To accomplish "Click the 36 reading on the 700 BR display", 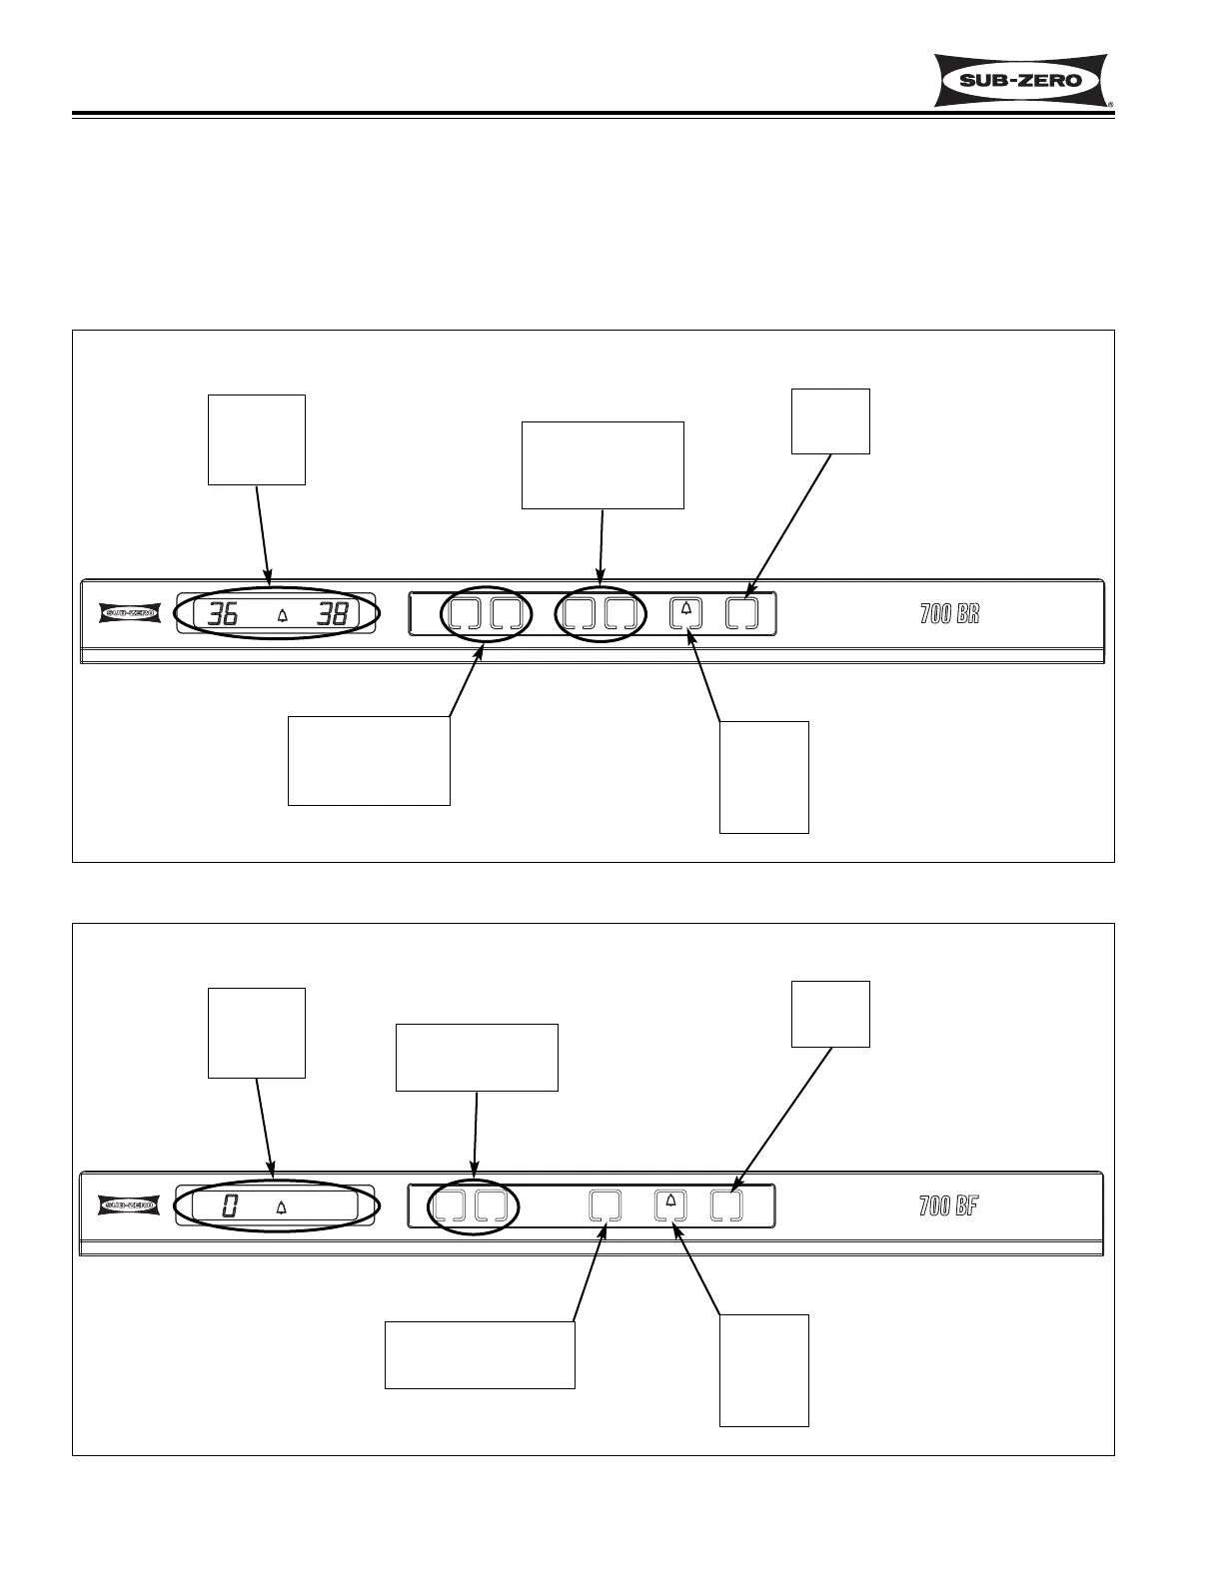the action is pos(223,614).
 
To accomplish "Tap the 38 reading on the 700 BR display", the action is pos(332,614).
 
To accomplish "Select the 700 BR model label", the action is pos(949,613).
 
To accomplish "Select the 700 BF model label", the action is pos(948,1205).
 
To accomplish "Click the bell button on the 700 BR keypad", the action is pos(685,612).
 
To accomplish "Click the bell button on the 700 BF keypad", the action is pos(670,1205).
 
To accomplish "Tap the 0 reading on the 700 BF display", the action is pos(229,1206).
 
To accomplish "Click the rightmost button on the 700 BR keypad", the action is pos(741,612).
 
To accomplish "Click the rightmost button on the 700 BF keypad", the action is pos(726,1205).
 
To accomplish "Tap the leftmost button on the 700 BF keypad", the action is pos(449,1205).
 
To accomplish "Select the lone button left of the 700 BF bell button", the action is pos(605,1205).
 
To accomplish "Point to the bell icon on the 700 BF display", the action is pos(281,1207).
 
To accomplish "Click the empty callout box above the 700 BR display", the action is pos(257,439).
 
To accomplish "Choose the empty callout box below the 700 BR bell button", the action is pos(764,777).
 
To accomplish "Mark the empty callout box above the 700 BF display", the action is pos(257,1033).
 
